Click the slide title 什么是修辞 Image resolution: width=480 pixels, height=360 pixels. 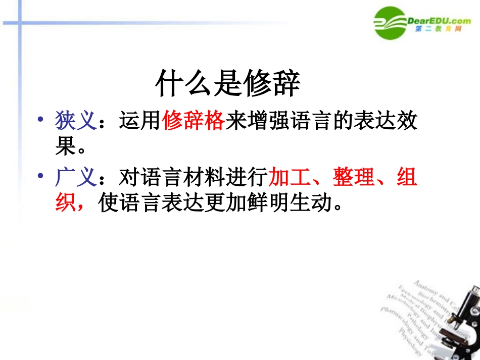(x=227, y=84)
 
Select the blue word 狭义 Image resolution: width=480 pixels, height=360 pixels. (x=75, y=122)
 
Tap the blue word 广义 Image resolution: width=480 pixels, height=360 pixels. (x=75, y=177)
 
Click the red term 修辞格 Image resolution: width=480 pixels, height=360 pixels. (x=194, y=122)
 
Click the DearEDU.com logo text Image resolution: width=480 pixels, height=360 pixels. (x=438, y=21)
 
